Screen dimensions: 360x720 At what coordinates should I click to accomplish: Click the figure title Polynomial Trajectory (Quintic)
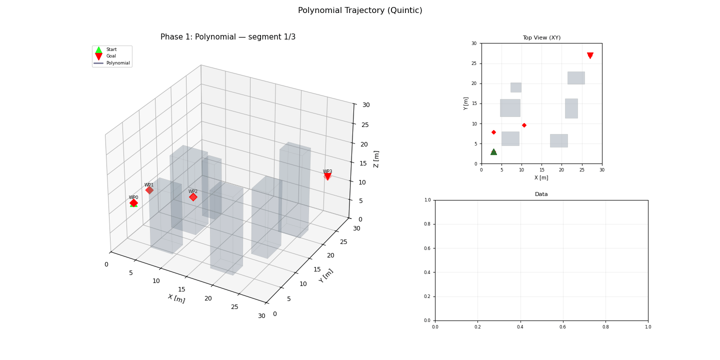pyautogui.click(x=360, y=10)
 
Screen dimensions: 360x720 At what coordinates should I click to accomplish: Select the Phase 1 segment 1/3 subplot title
pyautogui.click(x=228, y=37)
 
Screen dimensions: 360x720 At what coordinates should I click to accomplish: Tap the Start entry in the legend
pyautogui.click(x=111, y=49)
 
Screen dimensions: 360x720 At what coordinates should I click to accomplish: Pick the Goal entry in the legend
pyautogui.click(x=111, y=56)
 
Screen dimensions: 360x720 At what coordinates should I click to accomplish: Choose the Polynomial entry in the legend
pyautogui.click(x=117, y=63)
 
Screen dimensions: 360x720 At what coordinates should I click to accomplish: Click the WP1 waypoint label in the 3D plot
pyautogui.click(x=149, y=185)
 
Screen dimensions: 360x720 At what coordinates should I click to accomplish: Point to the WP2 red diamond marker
pyautogui.click(x=193, y=197)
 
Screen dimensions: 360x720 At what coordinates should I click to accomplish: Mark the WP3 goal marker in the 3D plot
pyautogui.click(x=327, y=176)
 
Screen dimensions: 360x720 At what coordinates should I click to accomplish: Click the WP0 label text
pyautogui.click(x=133, y=197)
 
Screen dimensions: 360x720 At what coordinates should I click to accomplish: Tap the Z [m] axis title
pyautogui.click(x=377, y=159)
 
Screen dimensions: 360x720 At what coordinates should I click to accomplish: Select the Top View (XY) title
pyautogui.click(x=541, y=38)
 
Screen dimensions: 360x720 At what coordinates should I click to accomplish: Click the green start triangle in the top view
pyautogui.click(x=493, y=152)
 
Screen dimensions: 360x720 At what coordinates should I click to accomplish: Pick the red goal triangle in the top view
pyautogui.click(x=590, y=55)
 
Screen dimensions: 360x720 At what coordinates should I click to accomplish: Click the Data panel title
pyautogui.click(x=541, y=194)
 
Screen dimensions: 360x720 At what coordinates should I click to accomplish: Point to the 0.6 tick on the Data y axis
pyautogui.click(x=428, y=248)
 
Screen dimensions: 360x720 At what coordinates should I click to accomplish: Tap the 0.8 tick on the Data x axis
pyautogui.click(x=605, y=326)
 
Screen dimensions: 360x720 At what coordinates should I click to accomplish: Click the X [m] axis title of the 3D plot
pyautogui.click(x=176, y=298)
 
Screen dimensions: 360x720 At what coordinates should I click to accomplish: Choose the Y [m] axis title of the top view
pyautogui.click(x=466, y=103)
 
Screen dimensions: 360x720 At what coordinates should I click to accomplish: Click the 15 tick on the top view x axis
pyautogui.click(x=541, y=169)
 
